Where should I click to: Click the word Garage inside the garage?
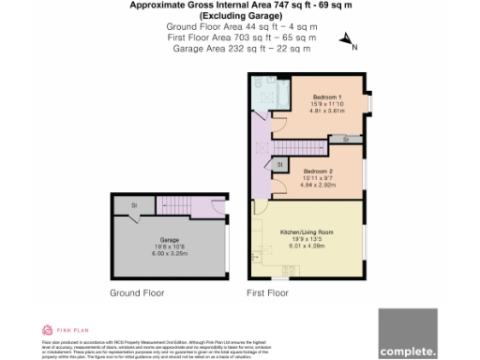[x=169, y=239]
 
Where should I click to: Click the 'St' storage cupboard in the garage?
[x=134, y=204]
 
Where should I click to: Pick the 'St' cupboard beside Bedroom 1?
[x=345, y=139]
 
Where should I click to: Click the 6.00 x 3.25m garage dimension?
[x=169, y=252]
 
